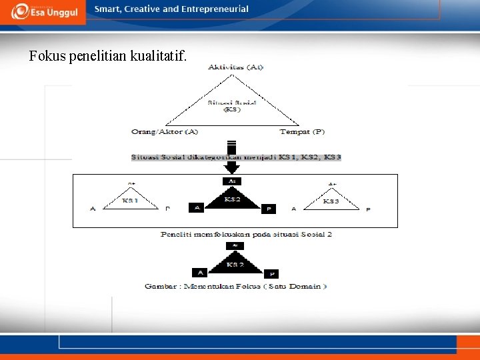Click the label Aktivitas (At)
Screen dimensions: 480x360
(x=235, y=67)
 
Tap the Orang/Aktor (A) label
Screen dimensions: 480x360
(x=165, y=132)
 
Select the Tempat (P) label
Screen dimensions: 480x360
(x=302, y=132)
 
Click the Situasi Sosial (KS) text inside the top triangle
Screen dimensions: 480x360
(x=232, y=105)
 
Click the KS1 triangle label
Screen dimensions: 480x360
(x=130, y=200)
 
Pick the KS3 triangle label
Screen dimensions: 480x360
(x=331, y=200)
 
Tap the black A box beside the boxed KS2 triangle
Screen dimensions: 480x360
(x=197, y=208)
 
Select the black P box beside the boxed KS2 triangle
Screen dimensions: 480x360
(x=269, y=209)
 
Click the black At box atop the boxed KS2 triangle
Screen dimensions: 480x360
(x=232, y=181)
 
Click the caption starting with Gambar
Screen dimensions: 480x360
(x=235, y=287)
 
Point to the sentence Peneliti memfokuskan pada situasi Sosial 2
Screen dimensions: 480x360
(x=246, y=235)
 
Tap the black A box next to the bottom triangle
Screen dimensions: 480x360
(x=199, y=272)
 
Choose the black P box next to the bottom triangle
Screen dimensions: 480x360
(x=271, y=273)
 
